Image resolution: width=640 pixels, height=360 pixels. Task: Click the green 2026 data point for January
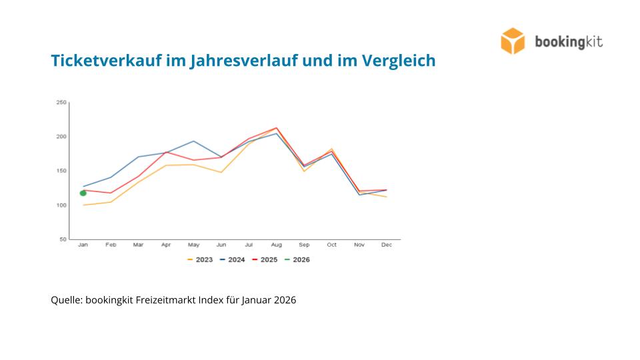point(83,193)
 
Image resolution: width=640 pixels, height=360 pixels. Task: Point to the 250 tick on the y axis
point(61,103)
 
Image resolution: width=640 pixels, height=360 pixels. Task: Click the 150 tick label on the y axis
point(61,171)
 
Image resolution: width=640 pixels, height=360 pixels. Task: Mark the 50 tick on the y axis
point(63,239)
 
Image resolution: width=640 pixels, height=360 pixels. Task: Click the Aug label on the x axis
point(276,245)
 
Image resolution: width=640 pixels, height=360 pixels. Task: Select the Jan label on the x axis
point(83,245)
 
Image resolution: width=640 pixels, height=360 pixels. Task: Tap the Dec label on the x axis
point(387,245)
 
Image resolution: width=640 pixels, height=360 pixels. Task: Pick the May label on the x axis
point(193,245)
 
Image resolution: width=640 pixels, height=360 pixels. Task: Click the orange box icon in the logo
point(513,41)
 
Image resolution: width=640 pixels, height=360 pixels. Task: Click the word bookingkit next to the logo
point(569,42)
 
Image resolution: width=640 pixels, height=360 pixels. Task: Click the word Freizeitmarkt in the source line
point(163,300)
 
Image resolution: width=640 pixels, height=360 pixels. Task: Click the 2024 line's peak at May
point(193,141)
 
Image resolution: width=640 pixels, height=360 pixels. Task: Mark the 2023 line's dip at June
point(221,173)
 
